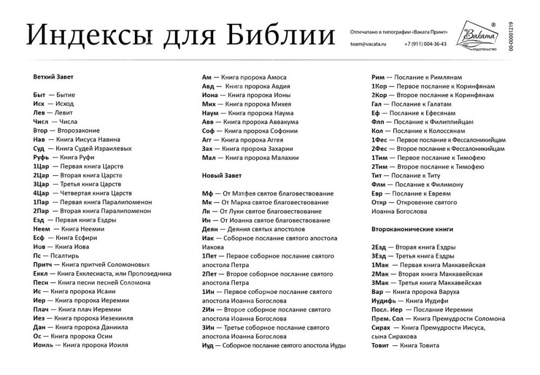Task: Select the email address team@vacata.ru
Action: click(369, 44)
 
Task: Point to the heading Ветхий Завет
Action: click(53, 77)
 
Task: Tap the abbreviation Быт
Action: click(39, 95)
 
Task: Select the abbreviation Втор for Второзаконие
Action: click(40, 130)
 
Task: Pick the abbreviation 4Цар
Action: click(41, 193)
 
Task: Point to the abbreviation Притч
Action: click(42, 264)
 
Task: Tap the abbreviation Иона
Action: click(210, 95)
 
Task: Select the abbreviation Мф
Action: click(207, 193)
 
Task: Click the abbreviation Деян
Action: click(210, 229)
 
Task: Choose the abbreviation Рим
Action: click(378, 77)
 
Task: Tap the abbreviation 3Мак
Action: click(381, 283)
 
